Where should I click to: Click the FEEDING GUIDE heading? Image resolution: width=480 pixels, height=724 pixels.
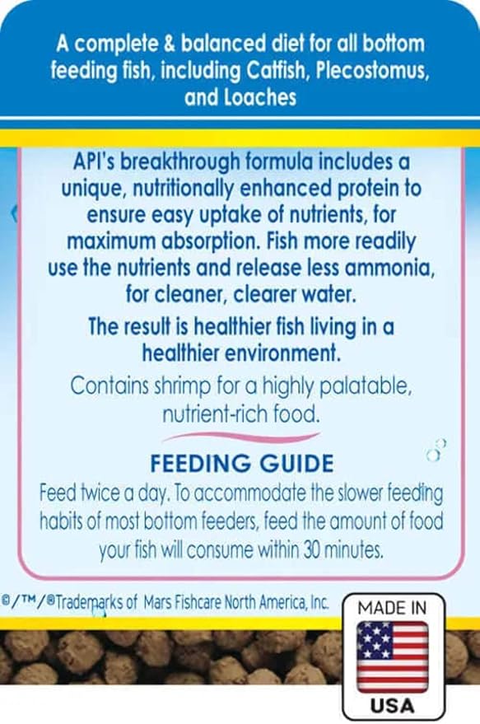coord(240,462)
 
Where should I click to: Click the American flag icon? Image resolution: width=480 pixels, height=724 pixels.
coord(391,651)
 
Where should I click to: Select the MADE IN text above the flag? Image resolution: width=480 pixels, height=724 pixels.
coord(392,608)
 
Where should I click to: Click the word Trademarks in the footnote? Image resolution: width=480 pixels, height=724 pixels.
coord(85,602)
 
